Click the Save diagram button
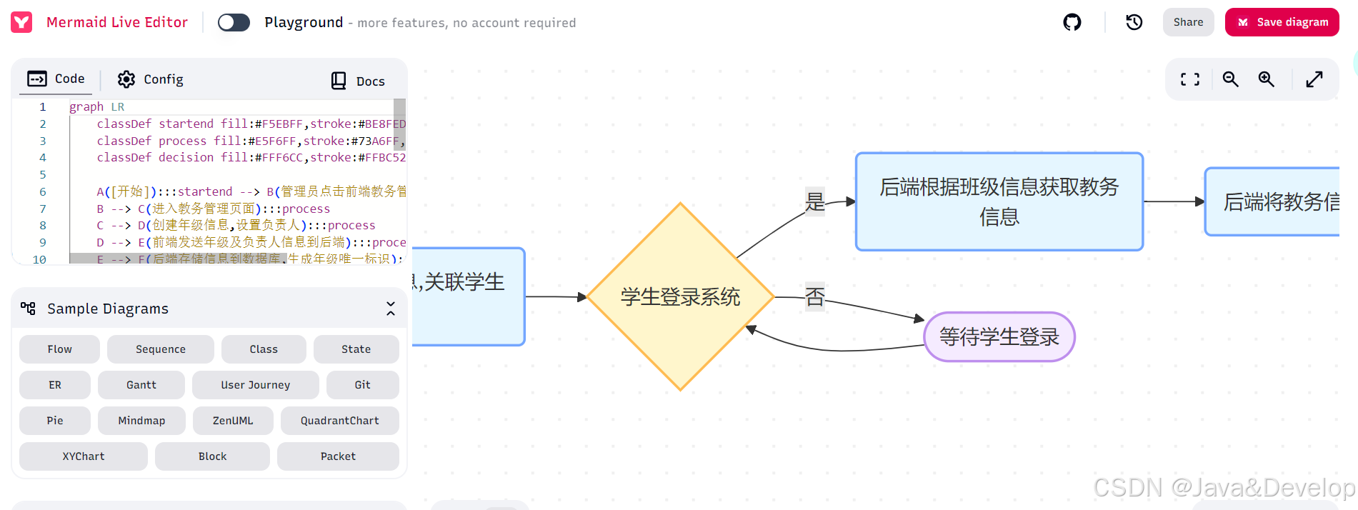pos(1282,22)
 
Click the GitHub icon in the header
pos(1072,22)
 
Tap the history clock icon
pos(1134,22)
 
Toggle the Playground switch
pos(234,22)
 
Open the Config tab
pos(151,79)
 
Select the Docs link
pos(358,81)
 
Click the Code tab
pos(56,79)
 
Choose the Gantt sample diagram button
pos(141,385)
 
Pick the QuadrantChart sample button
pos(339,421)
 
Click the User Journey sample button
pos(255,385)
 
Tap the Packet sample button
pos(338,456)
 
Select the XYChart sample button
pos(84,456)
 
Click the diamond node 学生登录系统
pos(680,296)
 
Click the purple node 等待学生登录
pos(999,336)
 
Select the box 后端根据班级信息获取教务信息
pos(999,201)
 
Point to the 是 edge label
pos(815,201)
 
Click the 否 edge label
pos(815,296)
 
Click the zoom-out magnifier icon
pos(1230,79)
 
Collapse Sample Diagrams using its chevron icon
pos(391,309)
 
